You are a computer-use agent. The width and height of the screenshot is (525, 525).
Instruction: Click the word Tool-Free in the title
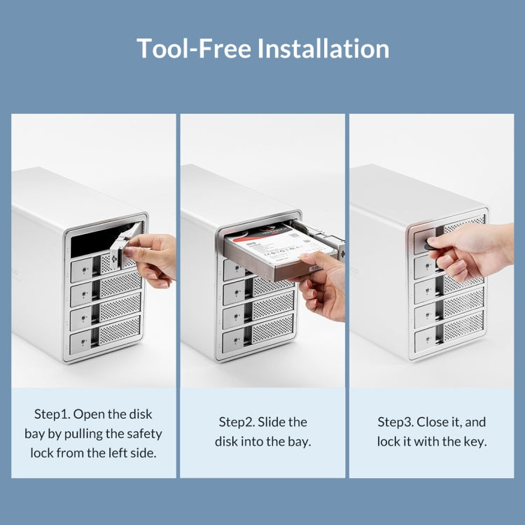(x=194, y=48)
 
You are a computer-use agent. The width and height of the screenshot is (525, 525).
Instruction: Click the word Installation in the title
(x=323, y=48)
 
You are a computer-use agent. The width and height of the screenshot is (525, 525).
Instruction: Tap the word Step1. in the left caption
(x=52, y=414)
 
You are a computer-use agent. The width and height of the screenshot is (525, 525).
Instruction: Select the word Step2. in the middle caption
(x=237, y=422)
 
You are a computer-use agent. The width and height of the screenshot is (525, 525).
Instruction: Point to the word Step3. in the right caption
(x=395, y=422)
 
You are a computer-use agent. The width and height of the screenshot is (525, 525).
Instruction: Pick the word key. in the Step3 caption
(x=475, y=442)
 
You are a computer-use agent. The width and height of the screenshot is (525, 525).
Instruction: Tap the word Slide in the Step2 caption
(x=271, y=422)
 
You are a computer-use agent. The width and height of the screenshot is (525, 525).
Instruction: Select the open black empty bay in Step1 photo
(x=100, y=239)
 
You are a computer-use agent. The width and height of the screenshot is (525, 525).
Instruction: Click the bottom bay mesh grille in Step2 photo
(x=273, y=328)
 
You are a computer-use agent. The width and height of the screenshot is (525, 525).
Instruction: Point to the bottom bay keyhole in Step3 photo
(x=427, y=339)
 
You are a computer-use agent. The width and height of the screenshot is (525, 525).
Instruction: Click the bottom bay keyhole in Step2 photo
(x=237, y=340)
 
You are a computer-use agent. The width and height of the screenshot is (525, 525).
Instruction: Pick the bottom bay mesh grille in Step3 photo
(x=463, y=326)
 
